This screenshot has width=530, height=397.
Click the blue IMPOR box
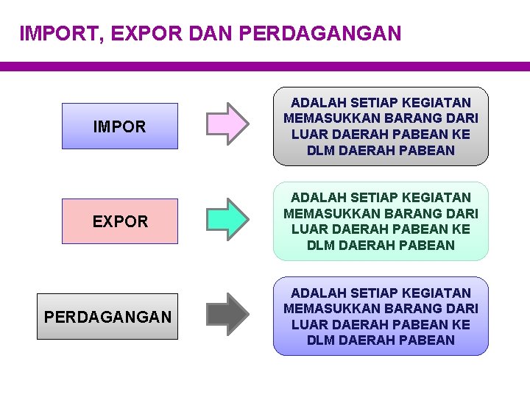pyautogui.click(x=119, y=126)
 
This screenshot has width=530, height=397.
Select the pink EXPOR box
pyautogui.click(x=119, y=221)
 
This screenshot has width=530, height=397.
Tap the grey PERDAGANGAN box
pyautogui.click(x=107, y=317)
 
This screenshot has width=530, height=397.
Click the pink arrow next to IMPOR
pyautogui.click(x=227, y=124)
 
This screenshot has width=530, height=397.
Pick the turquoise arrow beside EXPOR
pyautogui.click(x=227, y=219)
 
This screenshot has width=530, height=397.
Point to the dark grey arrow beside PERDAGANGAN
pyautogui.click(x=227, y=314)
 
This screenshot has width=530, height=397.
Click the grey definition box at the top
pyautogui.click(x=381, y=126)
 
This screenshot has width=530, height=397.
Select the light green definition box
pyautogui.click(x=381, y=221)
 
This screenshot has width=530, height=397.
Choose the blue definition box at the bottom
pyautogui.click(x=381, y=316)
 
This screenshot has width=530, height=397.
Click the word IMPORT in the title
pyautogui.click(x=54, y=34)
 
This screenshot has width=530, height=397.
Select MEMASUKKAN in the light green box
pyautogui.click(x=328, y=214)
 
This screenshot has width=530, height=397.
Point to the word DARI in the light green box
pyautogui.click(x=462, y=214)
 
